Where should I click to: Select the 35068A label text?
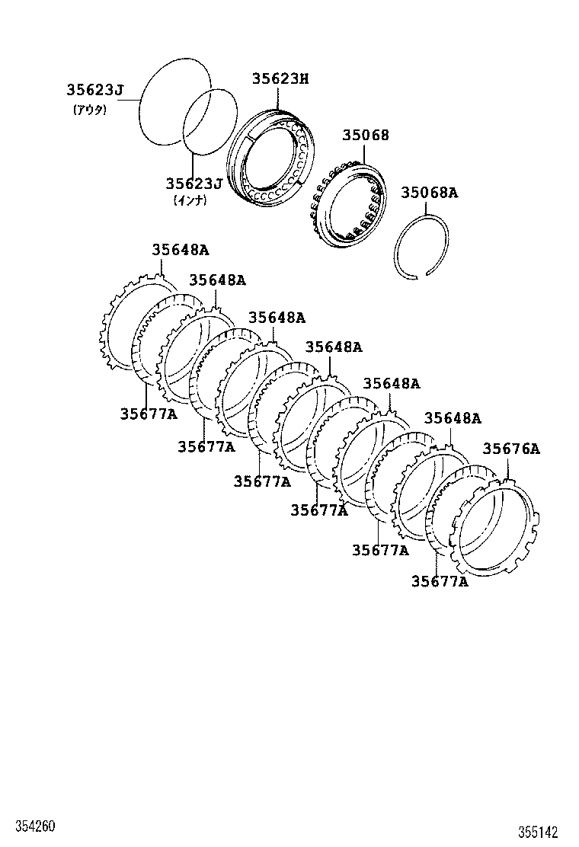coord(430,193)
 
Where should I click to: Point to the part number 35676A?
coord(511,449)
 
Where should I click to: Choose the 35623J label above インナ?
coord(194,184)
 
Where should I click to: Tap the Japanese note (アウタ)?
coord(90,109)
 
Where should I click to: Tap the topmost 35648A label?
coord(180,249)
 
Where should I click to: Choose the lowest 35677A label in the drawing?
coord(440,582)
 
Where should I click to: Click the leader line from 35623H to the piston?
coord(279,97)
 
